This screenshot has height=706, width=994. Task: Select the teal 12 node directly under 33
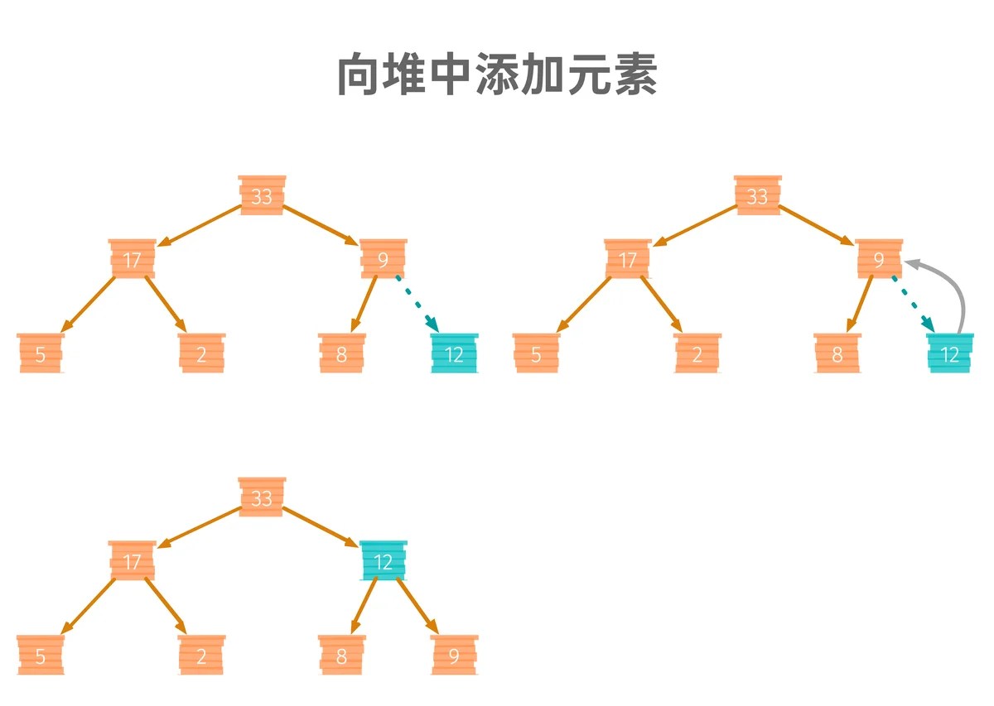(x=384, y=560)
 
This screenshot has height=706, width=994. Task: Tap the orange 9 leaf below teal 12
(x=454, y=655)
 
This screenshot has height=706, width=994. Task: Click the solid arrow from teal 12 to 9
(x=417, y=606)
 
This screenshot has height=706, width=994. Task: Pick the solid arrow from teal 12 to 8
(x=364, y=606)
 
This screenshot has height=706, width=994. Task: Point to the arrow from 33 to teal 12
(x=321, y=527)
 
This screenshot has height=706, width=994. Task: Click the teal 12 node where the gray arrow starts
(x=950, y=353)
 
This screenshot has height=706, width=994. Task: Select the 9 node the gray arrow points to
(x=879, y=259)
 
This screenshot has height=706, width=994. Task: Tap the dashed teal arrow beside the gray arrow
(x=914, y=305)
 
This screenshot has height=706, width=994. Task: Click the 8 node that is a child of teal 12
(x=341, y=655)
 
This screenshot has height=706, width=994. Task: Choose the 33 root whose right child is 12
(x=262, y=497)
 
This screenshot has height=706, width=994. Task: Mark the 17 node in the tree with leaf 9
(x=132, y=560)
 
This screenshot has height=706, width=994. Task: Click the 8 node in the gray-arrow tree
(x=837, y=353)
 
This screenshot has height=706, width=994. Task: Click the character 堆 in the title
(x=403, y=74)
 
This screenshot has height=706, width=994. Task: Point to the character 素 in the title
(x=635, y=74)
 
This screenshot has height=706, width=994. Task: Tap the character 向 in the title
(x=358, y=74)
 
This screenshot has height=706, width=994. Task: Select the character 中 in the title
(x=450, y=74)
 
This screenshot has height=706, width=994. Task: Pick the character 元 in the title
(x=589, y=74)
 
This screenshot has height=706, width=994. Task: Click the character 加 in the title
(x=543, y=74)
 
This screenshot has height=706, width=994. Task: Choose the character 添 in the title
(x=496, y=74)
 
